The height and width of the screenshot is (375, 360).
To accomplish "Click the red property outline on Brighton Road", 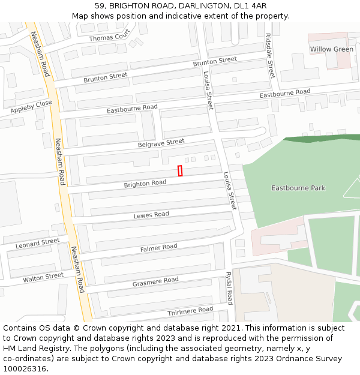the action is pyautogui.click(x=180, y=171).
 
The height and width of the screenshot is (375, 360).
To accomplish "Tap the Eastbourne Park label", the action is pyautogui.click(x=298, y=188).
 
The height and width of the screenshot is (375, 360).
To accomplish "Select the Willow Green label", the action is pyautogui.click(x=331, y=49).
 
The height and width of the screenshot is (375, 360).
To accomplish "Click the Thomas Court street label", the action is pyautogui.click(x=109, y=37).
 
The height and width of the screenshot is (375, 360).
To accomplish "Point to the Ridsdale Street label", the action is pyautogui.click(x=270, y=56).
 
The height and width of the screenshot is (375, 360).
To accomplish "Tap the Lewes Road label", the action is pyautogui.click(x=151, y=215).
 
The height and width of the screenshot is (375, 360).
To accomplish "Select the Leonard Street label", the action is pyautogui.click(x=37, y=243).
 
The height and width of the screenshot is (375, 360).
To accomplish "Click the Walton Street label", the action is pyautogui.click(x=43, y=277).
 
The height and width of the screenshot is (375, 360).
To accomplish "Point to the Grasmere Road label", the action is pyautogui.click(x=155, y=281).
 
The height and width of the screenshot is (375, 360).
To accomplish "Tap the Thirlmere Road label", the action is pyautogui.click(x=190, y=310).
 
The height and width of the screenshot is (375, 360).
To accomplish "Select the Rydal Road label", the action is pyautogui.click(x=229, y=288).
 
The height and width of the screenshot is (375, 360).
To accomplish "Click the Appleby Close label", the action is pyautogui.click(x=31, y=107).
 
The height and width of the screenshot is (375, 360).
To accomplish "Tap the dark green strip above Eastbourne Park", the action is pyautogui.click(x=321, y=139).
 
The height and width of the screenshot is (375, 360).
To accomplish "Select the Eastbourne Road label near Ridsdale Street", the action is pyautogui.click(x=284, y=94).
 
